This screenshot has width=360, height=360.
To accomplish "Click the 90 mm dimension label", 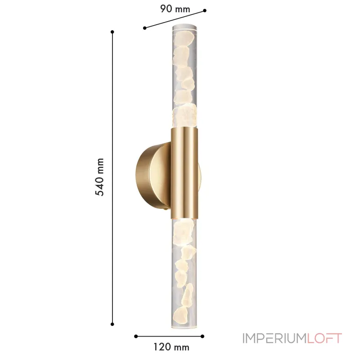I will (175, 8).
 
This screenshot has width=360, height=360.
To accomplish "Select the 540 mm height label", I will (99, 177).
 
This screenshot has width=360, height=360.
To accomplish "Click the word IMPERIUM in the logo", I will (274, 338).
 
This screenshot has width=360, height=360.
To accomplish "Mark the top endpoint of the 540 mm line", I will (112, 31).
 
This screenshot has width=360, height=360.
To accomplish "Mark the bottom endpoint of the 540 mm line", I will (112, 323).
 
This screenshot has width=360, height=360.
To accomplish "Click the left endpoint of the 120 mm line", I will (135, 336).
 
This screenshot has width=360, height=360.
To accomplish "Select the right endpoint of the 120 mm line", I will (203, 336).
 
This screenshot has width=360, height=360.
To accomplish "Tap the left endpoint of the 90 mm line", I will (144, 28).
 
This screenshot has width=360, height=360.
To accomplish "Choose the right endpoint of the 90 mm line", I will (205, 10).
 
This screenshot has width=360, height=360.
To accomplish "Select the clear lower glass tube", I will (184, 270).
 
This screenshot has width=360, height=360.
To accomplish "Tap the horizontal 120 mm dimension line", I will (169, 336).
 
